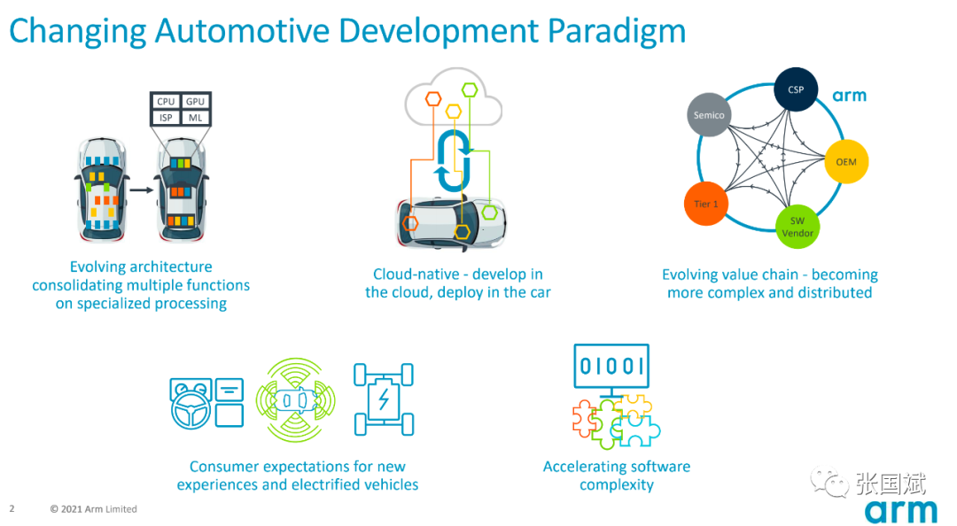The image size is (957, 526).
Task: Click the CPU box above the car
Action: (x=166, y=101)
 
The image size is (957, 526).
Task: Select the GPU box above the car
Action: (x=195, y=101)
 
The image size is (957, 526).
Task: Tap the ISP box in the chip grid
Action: (x=166, y=118)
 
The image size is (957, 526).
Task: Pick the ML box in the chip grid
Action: (x=195, y=118)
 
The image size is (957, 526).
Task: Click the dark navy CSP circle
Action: (x=796, y=89)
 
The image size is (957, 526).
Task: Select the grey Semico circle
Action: (x=709, y=115)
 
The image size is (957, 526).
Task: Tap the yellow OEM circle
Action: (x=846, y=162)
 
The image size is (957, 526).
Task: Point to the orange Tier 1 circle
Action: (x=705, y=204)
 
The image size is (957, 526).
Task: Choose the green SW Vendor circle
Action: (x=797, y=227)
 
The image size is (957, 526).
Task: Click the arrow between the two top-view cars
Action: (x=142, y=190)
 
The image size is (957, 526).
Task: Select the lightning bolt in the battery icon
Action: (x=384, y=400)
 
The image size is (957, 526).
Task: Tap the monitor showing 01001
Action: (x=611, y=366)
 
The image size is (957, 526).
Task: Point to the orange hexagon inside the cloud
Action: (x=433, y=99)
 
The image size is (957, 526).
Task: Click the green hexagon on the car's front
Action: (x=489, y=213)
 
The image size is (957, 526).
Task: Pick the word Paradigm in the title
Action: (x=617, y=30)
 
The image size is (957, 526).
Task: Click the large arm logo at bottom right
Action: (x=901, y=511)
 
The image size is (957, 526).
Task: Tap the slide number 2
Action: (x=12, y=508)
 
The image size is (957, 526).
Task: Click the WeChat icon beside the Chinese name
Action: (x=829, y=482)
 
